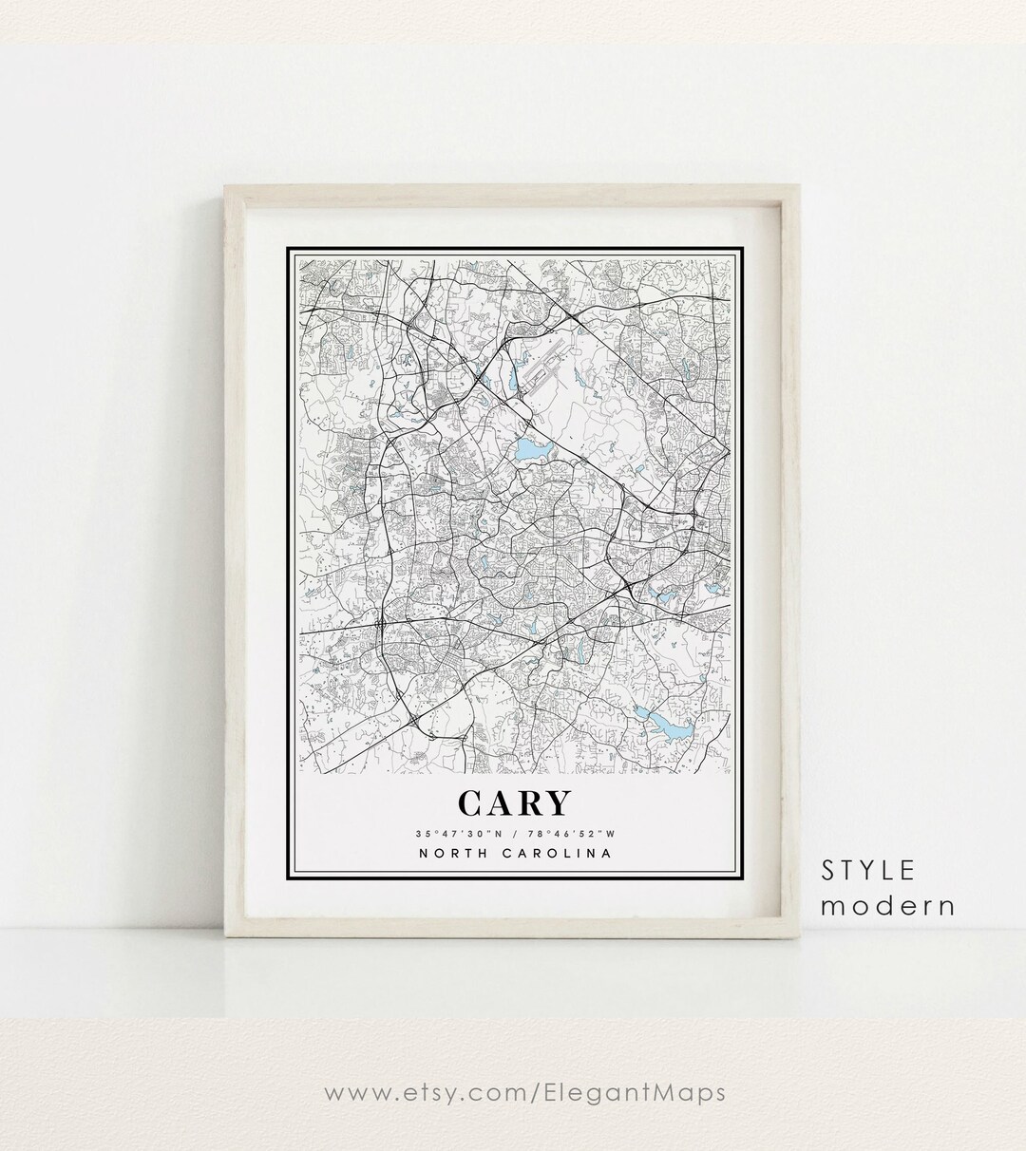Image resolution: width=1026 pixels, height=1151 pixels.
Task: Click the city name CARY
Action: tap(514, 803)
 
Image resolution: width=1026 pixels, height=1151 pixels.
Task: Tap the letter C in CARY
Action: tap(472, 803)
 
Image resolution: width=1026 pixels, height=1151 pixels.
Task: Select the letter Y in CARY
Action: tap(557, 803)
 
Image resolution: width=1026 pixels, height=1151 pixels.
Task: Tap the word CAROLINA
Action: tap(556, 853)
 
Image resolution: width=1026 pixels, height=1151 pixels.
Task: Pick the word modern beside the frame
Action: tap(887, 905)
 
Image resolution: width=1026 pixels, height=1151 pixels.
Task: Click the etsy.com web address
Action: tap(524, 1093)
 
